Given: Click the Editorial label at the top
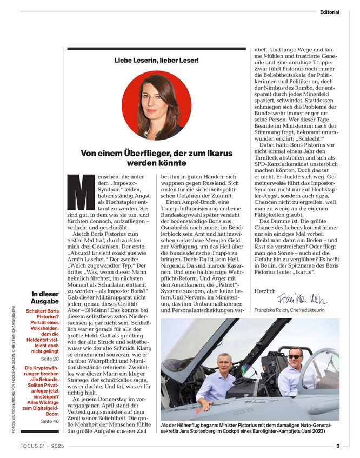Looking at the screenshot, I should (329, 12).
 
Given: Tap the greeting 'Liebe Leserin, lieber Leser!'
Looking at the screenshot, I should (156, 60).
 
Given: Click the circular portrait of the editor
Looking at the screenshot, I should (156, 104).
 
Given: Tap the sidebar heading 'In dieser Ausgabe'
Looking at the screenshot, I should (45, 297).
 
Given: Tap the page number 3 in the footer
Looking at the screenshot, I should (337, 446).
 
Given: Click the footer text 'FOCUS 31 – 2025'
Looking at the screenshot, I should (39, 446).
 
